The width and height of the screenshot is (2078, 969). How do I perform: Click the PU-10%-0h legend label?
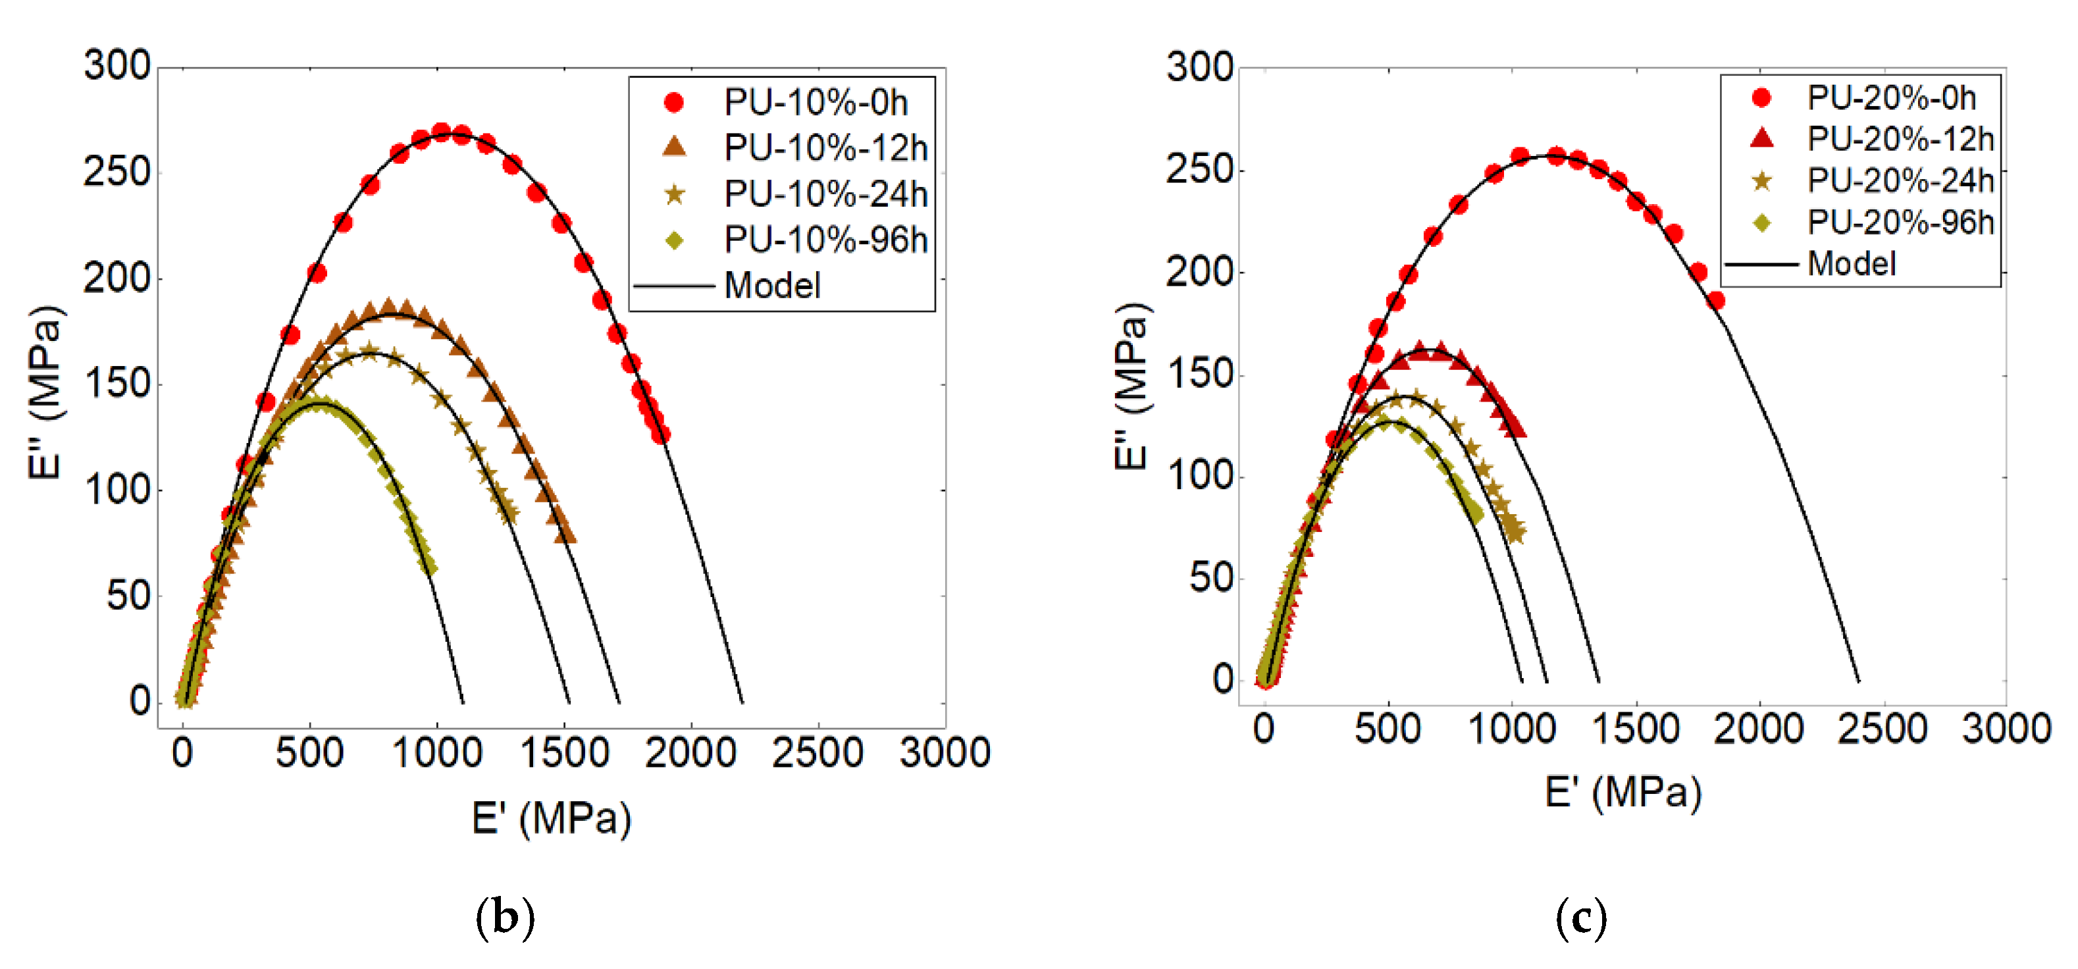point(816,103)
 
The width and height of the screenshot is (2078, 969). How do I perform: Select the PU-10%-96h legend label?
point(825,240)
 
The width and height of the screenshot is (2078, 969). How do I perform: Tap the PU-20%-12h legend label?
point(1900,139)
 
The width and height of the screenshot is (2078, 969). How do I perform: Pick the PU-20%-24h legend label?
point(1900,181)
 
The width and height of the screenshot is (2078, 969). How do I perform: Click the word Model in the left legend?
point(772,286)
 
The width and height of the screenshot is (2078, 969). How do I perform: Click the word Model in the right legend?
point(1852,264)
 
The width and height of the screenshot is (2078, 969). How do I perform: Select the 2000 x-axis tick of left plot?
point(690,753)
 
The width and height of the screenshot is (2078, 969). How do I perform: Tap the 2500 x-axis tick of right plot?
point(1882,729)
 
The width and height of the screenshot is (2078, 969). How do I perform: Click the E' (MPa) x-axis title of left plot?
point(551,819)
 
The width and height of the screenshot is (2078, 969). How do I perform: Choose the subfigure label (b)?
point(505,918)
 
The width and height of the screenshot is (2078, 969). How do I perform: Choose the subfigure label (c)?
point(1581,918)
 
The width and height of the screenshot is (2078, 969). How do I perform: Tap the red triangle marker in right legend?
point(1763,139)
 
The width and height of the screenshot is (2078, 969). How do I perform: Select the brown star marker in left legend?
point(673,194)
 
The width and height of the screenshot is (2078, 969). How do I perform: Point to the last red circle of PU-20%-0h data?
point(1716,301)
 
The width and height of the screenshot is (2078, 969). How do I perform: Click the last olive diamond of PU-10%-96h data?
point(430,568)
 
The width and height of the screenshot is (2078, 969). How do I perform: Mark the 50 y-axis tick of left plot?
point(128,596)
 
